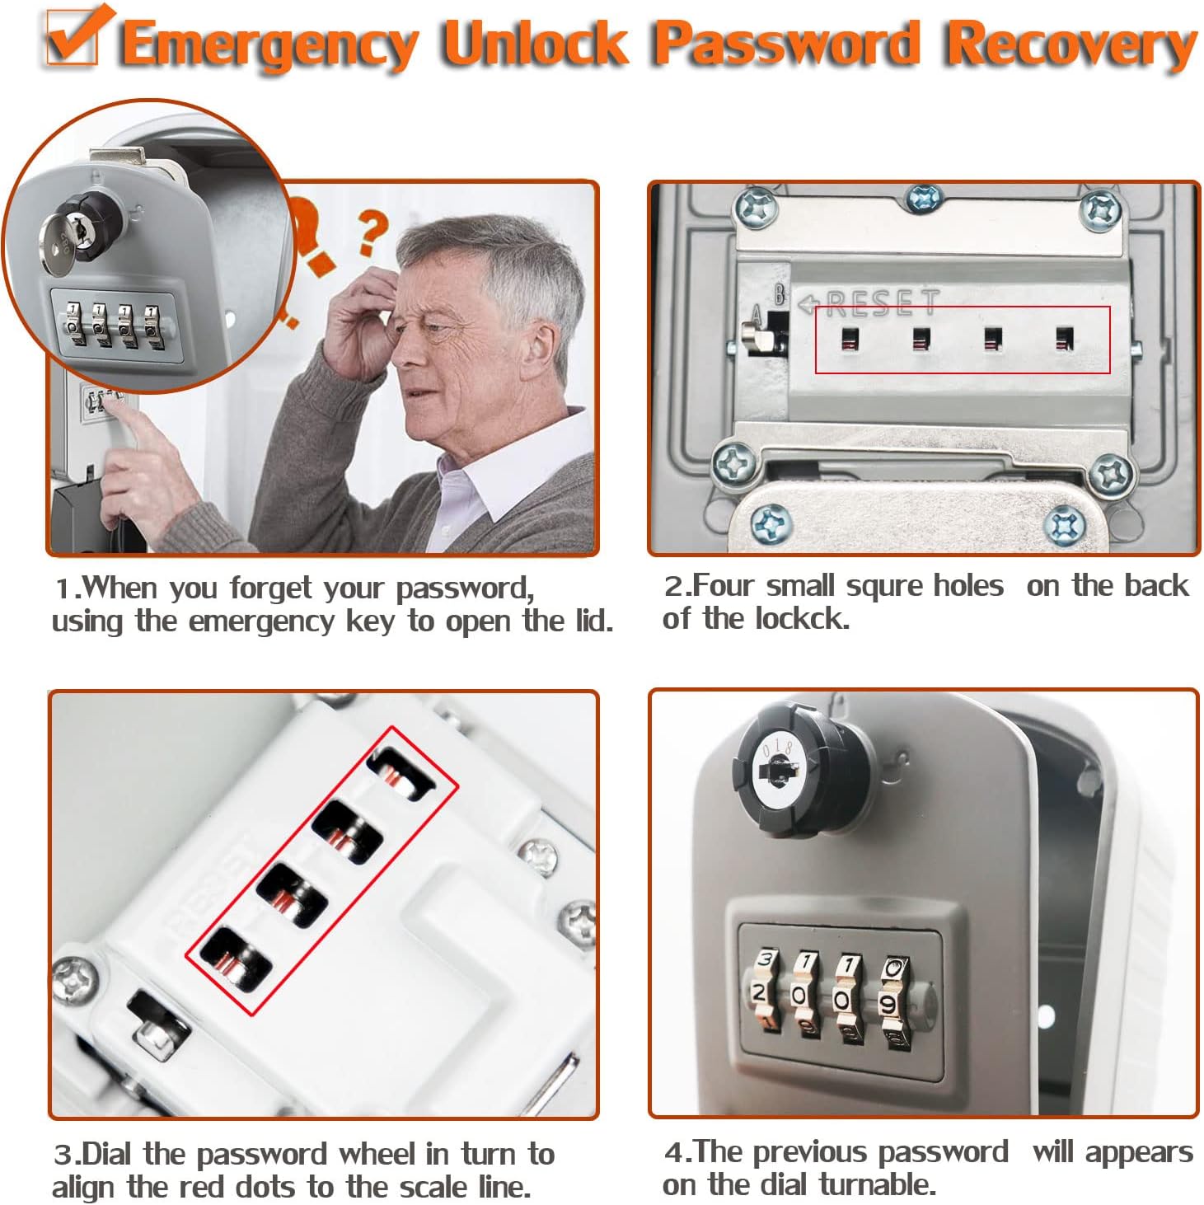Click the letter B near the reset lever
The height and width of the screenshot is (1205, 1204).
pos(780,294)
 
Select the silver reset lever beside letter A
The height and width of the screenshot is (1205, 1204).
pos(756,338)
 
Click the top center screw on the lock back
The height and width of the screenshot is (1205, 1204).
pos(924,199)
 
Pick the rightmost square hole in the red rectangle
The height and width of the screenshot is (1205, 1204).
pos(1064,339)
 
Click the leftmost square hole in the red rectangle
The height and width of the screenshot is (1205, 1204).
pos(850,340)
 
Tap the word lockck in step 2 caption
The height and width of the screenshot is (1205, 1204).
pos(802,619)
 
